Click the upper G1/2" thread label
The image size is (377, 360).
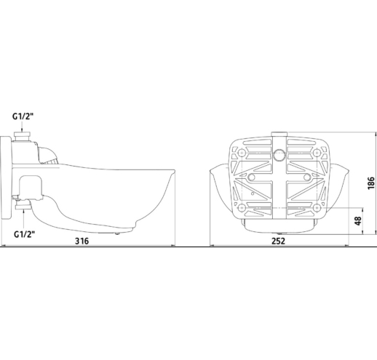click(23, 116)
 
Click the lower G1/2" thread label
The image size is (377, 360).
click(24, 234)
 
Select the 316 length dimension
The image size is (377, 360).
click(82, 241)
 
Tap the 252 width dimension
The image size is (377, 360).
click(278, 241)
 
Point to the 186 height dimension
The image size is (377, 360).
click(371, 183)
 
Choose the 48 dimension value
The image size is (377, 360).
click(358, 220)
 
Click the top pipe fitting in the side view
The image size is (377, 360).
click(23, 137)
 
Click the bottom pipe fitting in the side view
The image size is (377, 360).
click(23, 204)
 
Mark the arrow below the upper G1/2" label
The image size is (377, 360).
click(22, 127)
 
